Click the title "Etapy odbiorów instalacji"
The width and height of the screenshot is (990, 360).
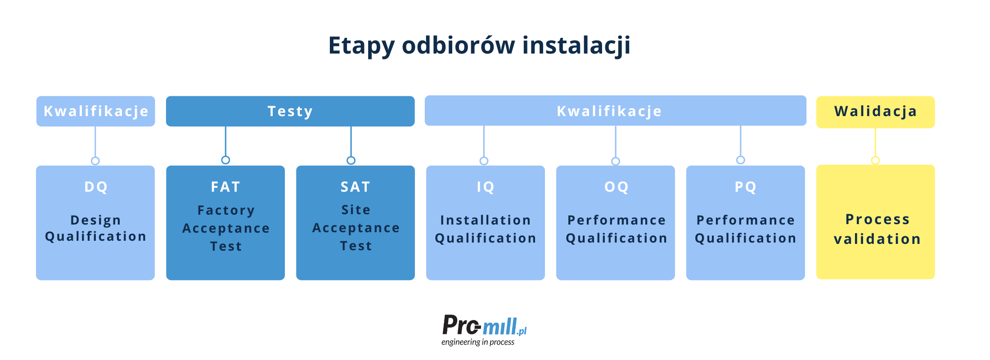[x=479, y=46]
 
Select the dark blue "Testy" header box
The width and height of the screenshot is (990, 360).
[x=290, y=111]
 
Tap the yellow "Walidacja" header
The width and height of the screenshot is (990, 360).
[x=875, y=112]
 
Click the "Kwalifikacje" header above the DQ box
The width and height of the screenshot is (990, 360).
[x=95, y=111]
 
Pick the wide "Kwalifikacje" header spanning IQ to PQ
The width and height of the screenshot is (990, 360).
[x=615, y=111]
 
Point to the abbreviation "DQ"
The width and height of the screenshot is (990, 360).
[x=96, y=187]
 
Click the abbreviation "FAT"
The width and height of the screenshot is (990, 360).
[x=225, y=187]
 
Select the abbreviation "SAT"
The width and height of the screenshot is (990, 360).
[x=355, y=187]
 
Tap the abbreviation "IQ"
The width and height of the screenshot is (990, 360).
[x=486, y=187]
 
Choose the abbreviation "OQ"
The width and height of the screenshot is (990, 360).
[x=616, y=187]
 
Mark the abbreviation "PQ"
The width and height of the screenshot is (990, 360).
[x=746, y=187]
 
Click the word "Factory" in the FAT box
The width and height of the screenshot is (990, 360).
[x=226, y=211]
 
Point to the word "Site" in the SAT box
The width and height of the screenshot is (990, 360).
[x=356, y=210]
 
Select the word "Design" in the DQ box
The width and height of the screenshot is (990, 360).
[x=95, y=220]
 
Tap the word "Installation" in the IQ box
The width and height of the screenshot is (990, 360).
[x=486, y=220]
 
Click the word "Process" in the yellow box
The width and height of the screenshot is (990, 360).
[x=877, y=219]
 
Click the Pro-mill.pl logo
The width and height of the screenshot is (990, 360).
[x=484, y=325]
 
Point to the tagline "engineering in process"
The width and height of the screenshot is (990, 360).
[x=478, y=342]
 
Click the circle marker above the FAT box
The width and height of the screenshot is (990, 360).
[x=225, y=160]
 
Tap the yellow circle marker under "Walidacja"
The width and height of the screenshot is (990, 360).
[x=875, y=160]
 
